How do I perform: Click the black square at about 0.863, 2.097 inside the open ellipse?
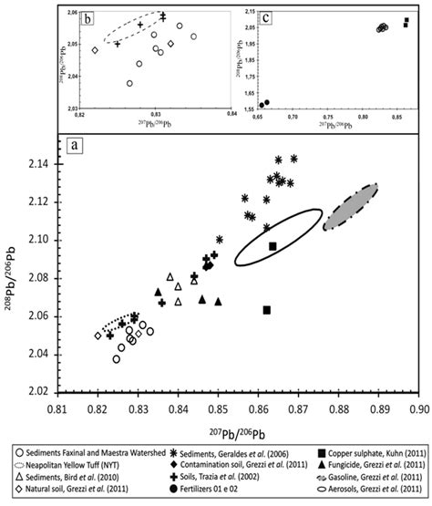273,246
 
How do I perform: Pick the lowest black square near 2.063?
266,310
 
